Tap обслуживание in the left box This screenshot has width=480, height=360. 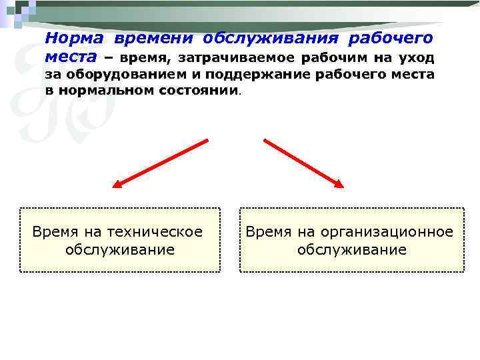point(120,250)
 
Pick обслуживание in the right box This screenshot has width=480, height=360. point(351,250)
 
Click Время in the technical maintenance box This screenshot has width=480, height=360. point(55,232)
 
